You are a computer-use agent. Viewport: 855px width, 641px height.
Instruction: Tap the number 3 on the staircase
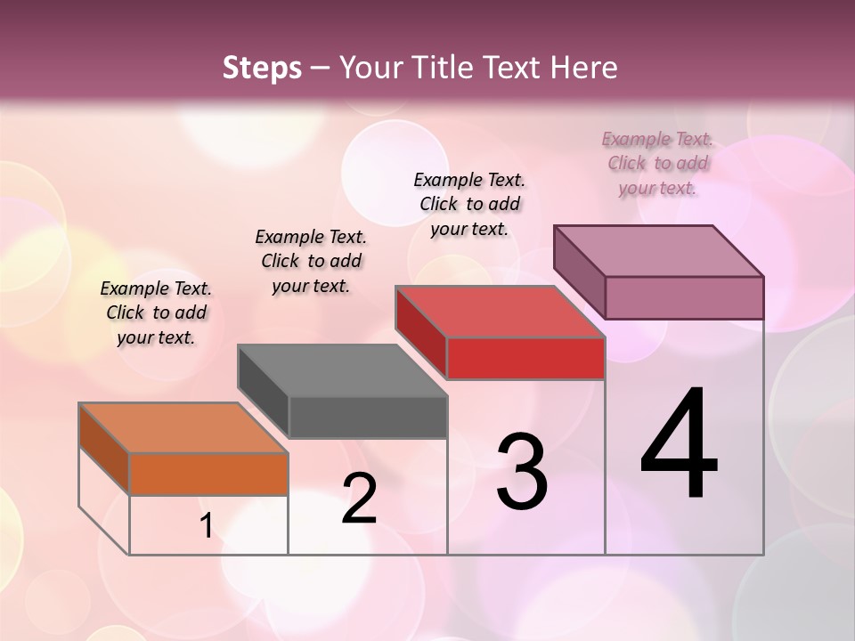point(522,471)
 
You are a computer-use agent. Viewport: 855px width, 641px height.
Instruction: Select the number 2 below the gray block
point(359,499)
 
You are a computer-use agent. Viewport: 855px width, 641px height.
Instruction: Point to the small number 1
point(206,526)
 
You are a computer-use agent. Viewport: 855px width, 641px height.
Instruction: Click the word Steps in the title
point(262,68)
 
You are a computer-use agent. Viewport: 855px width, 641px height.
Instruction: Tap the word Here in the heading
point(584,68)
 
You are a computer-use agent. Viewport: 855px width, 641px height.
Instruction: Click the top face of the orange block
point(183,427)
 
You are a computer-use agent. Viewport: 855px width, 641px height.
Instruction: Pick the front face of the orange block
point(208,474)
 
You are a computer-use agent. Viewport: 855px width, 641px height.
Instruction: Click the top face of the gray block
point(341,369)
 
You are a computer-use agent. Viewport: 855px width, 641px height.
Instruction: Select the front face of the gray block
point(368,417)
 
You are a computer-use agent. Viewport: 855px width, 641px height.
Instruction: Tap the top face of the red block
point(500,312)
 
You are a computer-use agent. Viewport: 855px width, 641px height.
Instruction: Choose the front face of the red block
point(525,358)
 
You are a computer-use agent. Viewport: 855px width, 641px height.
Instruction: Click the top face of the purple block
point(658,250)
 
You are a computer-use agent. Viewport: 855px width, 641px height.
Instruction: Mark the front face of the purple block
point(684,297)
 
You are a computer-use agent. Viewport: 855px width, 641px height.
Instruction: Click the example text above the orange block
point(156,312)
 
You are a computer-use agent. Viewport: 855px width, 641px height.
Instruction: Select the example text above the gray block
point(311,261)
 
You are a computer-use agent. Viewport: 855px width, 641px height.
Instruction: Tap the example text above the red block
point(469,204)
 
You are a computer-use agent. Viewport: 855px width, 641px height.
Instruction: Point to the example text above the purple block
point(657,163)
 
